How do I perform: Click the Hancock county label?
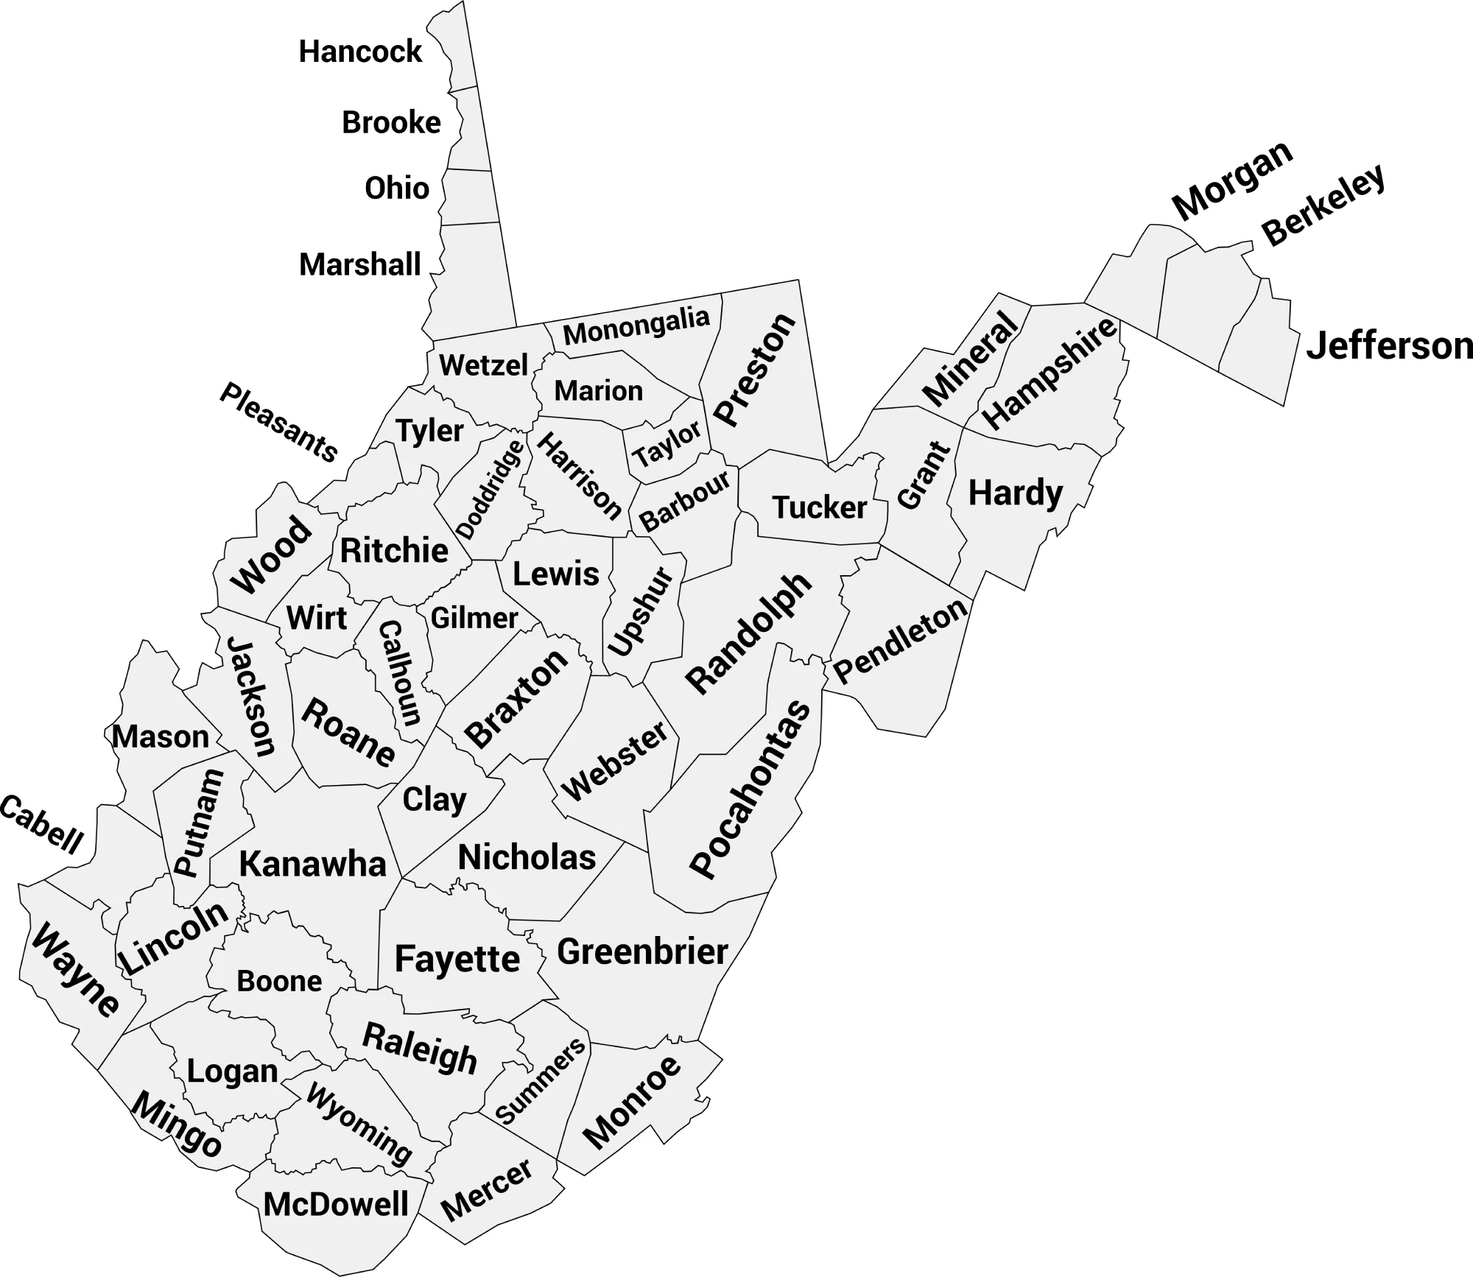[360, 52]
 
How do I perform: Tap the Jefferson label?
[1389, 345]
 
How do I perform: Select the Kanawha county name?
[312, 864]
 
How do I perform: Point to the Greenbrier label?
[642, 951]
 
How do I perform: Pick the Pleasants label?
[279, 422]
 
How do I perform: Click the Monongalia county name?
[636, 326]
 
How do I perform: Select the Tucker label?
[819, 507]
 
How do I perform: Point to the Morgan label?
[1232, 180]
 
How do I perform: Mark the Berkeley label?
[1323, 205]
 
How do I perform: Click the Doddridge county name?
[491, 489]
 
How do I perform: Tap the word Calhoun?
[400, 673]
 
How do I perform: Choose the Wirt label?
[317, 618]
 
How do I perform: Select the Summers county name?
[541, 1081]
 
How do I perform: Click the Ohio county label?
[397, 189]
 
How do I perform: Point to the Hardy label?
[1016, 493]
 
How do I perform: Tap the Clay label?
[435, 800]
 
